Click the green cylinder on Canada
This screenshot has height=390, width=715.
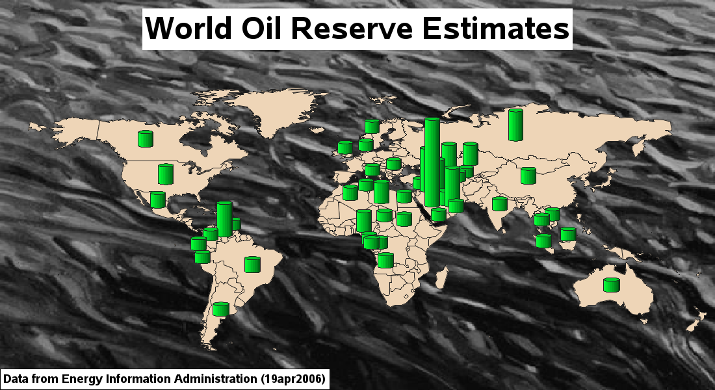[146, 138]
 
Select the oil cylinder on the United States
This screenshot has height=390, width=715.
[166, 174]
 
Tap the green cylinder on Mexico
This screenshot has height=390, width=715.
[158, 200]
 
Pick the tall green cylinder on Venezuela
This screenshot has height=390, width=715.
[224, 220]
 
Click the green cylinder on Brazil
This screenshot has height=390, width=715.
[252, 265]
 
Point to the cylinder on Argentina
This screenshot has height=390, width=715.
[221, 309]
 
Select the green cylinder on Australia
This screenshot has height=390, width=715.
[612, 285]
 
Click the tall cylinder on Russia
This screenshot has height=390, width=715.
[515, 125]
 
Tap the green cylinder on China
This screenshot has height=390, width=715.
[528, 175]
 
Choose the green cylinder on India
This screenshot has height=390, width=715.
[500, 204]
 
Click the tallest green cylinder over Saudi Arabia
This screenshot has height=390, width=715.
[432, 162]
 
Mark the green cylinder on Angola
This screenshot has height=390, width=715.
[385, 261]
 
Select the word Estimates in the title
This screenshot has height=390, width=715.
[496, 28]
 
